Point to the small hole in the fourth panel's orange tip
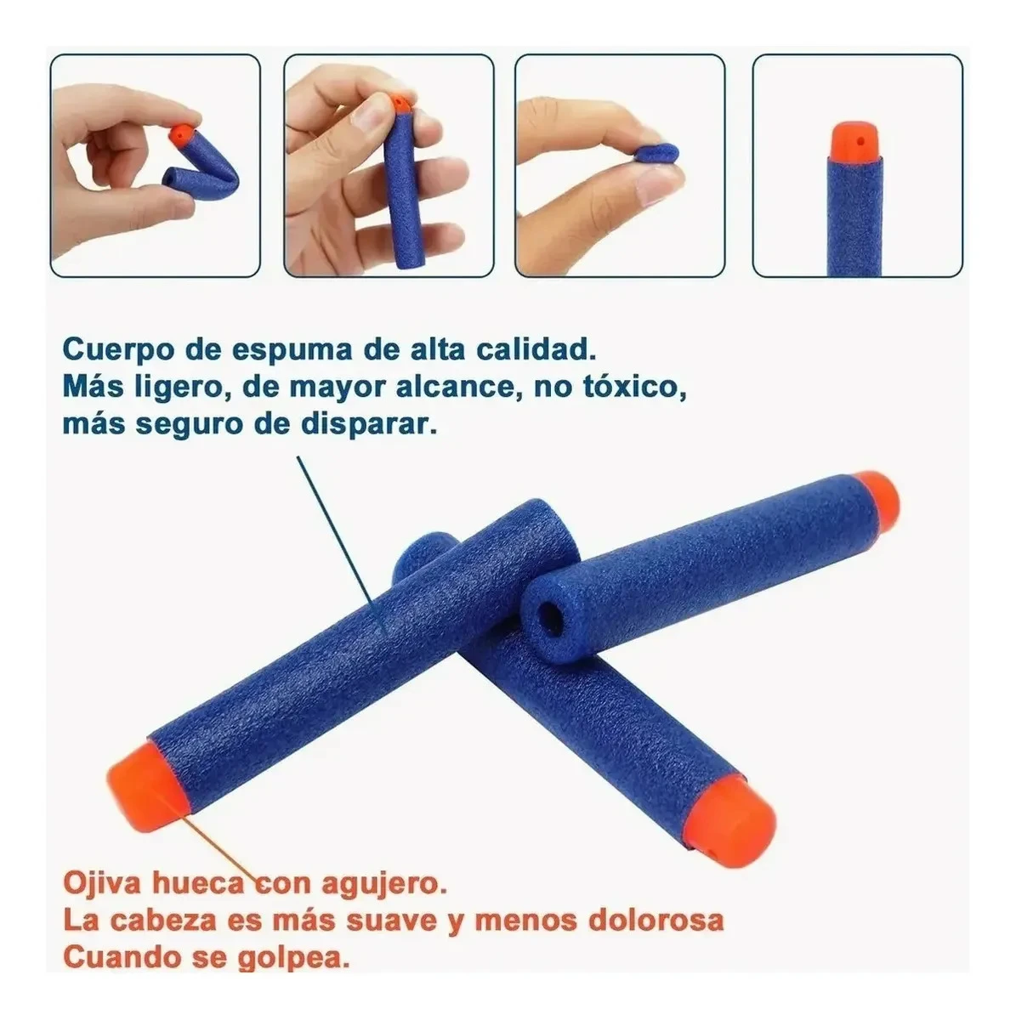click(860, 141)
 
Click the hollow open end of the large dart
click(552, 616)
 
